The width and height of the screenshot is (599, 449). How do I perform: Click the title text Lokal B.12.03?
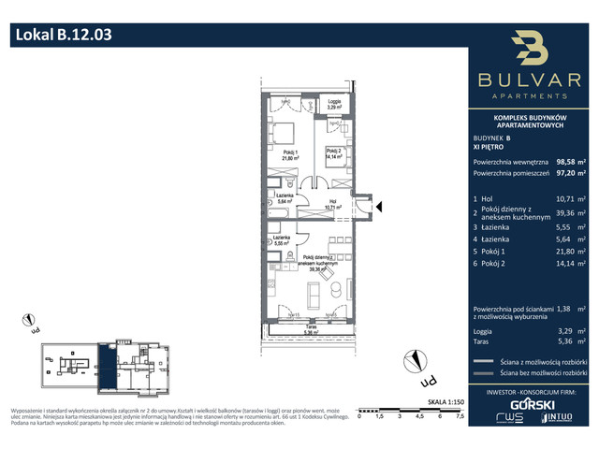[x=64, y=36]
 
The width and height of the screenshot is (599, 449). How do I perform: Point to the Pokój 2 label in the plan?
[x=336, y=153]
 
